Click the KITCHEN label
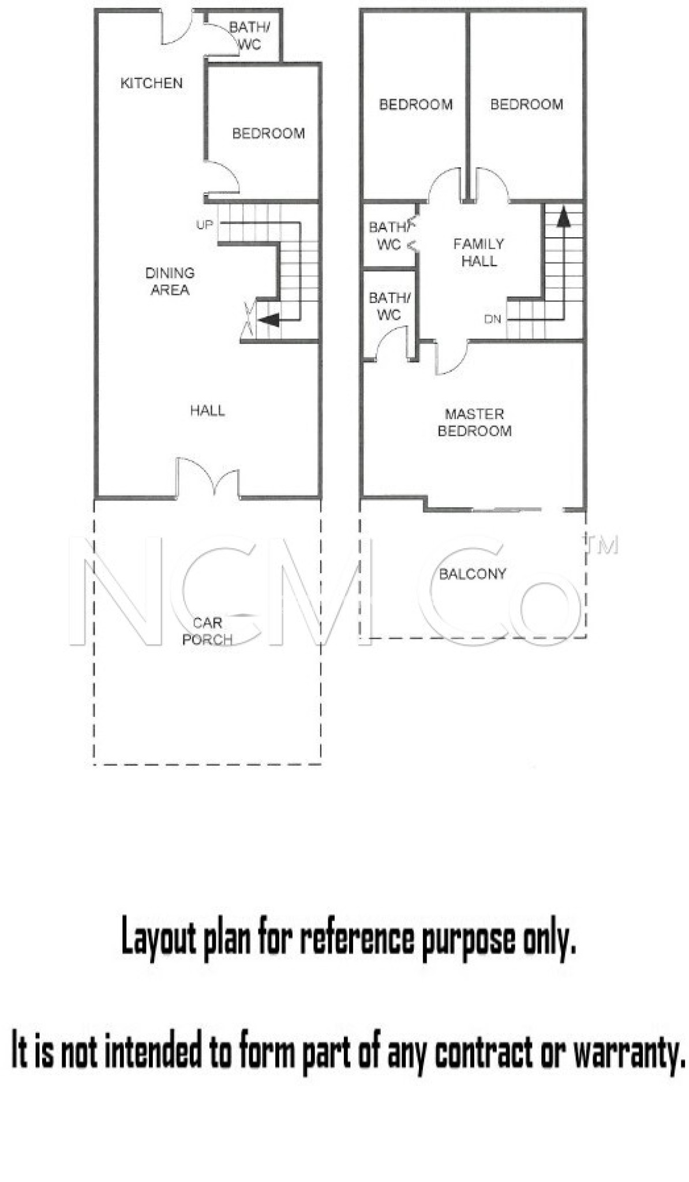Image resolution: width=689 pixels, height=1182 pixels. coord(151,83)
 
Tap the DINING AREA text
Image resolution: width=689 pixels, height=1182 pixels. coord(170,281)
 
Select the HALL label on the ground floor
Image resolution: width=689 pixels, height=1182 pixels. coord(208,410)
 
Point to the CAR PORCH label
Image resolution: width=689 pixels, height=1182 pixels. coord(207,631)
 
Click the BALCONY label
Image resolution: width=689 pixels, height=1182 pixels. coord(473,574)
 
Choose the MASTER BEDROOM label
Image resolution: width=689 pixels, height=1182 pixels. coord(474,422)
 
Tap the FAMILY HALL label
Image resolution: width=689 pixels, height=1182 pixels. coord(479,252)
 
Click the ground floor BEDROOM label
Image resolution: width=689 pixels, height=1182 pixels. coord(268,133)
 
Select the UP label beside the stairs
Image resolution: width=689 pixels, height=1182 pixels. coord(204,225)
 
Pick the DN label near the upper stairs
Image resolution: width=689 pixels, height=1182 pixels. coord(493,319)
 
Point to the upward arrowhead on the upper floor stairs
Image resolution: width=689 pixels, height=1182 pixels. coord(563,216)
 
